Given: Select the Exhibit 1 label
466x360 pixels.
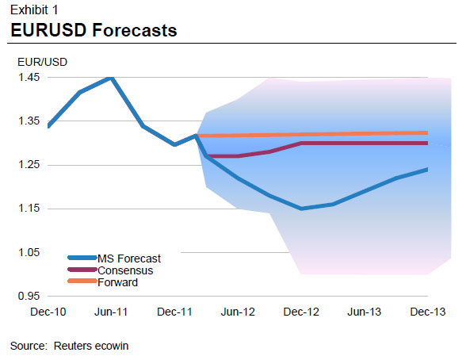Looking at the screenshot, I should [32, 10].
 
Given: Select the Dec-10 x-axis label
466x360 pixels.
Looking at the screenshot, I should [49, 312].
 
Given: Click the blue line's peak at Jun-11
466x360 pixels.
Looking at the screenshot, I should [110, 78].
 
